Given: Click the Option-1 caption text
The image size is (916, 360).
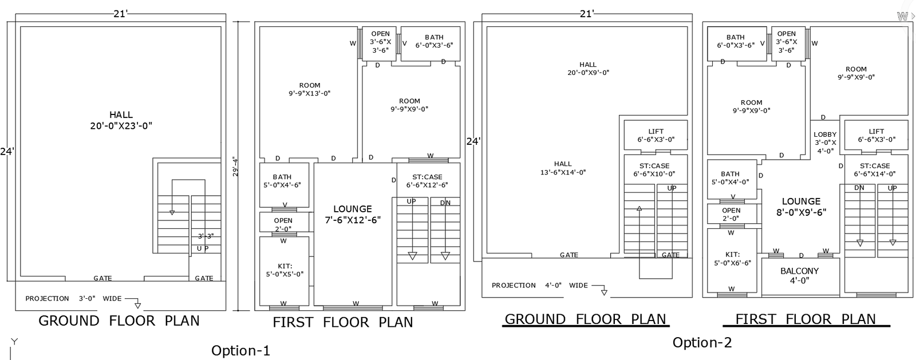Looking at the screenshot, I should point(240,350).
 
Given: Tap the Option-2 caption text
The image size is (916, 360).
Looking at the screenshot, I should point(702,342).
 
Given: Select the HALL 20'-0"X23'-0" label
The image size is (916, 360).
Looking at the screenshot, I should point(121,121).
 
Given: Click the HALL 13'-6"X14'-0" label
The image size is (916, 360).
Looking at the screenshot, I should point(563,168).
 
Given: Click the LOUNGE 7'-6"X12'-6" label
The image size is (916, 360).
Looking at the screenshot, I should point(353,214).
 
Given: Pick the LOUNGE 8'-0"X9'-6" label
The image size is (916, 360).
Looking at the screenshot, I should point(801,207).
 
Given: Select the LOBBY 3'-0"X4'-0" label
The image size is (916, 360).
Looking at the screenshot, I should point(825,143).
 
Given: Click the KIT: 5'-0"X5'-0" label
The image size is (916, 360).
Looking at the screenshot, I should point(284,270).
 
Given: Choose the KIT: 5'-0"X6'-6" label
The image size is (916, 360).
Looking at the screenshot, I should point(732,259).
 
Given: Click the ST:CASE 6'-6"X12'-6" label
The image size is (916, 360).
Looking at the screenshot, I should point(427,181).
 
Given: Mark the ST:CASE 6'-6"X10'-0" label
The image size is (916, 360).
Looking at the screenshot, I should point(654,170).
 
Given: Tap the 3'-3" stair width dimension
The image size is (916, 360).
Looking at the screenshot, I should point(206,236).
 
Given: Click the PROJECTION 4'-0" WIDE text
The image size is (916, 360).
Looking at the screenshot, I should point(539,285).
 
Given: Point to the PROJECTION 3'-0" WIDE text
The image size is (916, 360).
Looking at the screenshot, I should point(73,298).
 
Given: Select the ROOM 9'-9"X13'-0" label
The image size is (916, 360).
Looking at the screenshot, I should point(309,89).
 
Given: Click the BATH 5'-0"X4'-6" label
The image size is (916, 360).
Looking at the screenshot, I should point(282,181).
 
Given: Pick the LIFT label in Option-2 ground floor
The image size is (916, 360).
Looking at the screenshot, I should point(656,136).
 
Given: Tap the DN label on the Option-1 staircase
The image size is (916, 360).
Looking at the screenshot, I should point(445,203).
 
